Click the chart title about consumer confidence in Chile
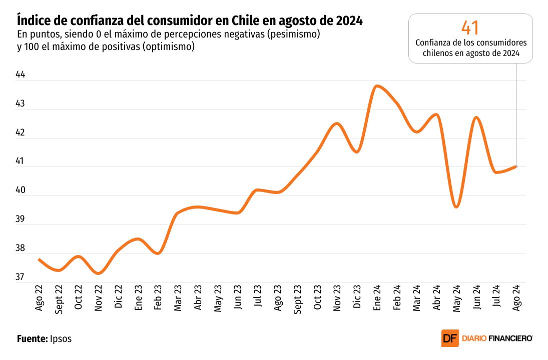pos(190,21)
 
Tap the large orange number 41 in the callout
pos(470,27)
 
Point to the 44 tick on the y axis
pos(21,75)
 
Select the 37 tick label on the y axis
pos(21,277)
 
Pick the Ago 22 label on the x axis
pos(40,299)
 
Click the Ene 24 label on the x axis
pos(377,299)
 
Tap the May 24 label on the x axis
pos(456,299)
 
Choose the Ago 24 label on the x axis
pos(516,299)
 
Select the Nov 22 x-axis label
pos(99,299)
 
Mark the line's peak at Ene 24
pos(377,86)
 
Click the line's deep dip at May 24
pos(456,206)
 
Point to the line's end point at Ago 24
pos(516,166)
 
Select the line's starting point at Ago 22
pos(40,259)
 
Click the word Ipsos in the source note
pos(61,338)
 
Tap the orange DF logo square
pos(449,338)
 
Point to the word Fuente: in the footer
pos(32,338)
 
